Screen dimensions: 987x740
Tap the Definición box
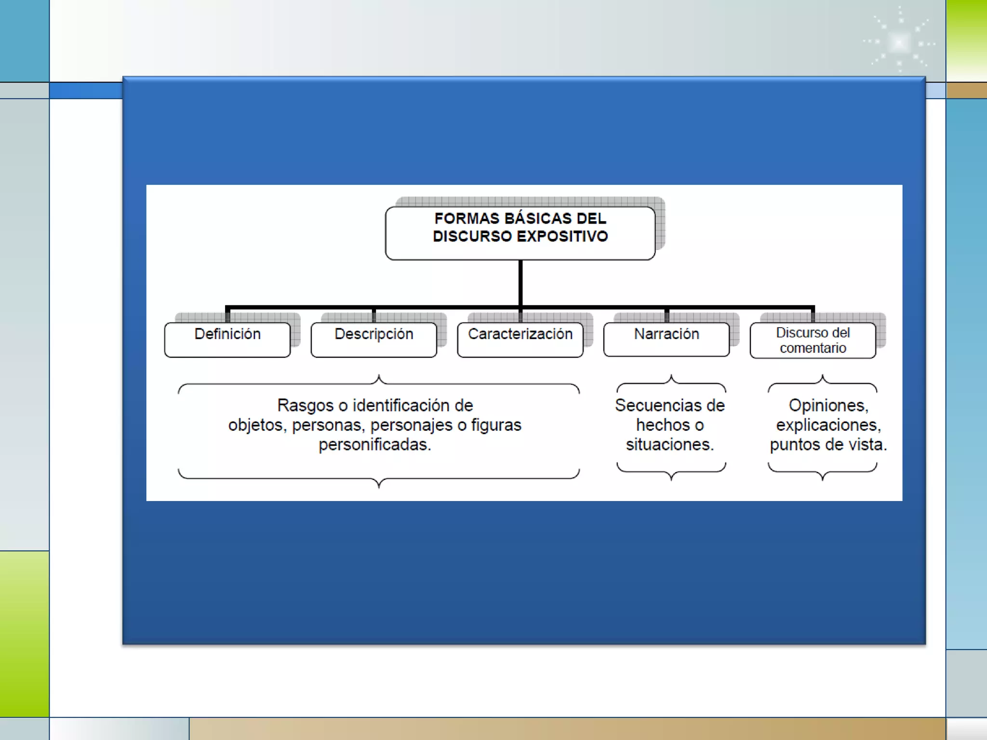227,340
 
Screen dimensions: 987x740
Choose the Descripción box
373,340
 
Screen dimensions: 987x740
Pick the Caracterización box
520,340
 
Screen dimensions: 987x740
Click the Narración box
666,340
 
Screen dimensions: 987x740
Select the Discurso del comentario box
813,340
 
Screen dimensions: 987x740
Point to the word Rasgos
305,406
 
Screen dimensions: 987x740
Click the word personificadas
374,445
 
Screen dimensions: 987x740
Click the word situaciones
669,445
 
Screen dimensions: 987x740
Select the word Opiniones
828,406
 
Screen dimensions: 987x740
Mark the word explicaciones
828,425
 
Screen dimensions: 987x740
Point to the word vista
867,445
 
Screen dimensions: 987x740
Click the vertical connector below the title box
520,283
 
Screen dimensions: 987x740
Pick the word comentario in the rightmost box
813,348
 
